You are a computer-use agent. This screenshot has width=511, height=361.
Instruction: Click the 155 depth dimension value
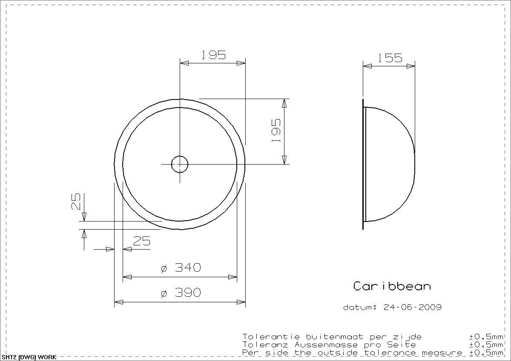click(x=390, y=58)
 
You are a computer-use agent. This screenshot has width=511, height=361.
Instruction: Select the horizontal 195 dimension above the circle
click(x=213, y=55)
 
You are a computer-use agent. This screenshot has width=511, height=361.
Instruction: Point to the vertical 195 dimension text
click(x=276, y=131)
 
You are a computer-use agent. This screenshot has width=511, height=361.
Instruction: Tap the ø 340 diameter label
click(x=181, y=267)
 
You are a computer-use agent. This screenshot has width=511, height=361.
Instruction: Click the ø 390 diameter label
click(x=181, y=293)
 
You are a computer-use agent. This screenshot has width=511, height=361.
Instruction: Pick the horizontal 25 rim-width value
click(x=142, y=241)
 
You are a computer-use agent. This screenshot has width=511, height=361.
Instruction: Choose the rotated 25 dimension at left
click(x=76, y=202)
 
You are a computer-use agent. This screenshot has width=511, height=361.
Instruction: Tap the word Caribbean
click(x=392, y=286)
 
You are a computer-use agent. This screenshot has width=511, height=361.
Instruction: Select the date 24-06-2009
click(x=413, y=307)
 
